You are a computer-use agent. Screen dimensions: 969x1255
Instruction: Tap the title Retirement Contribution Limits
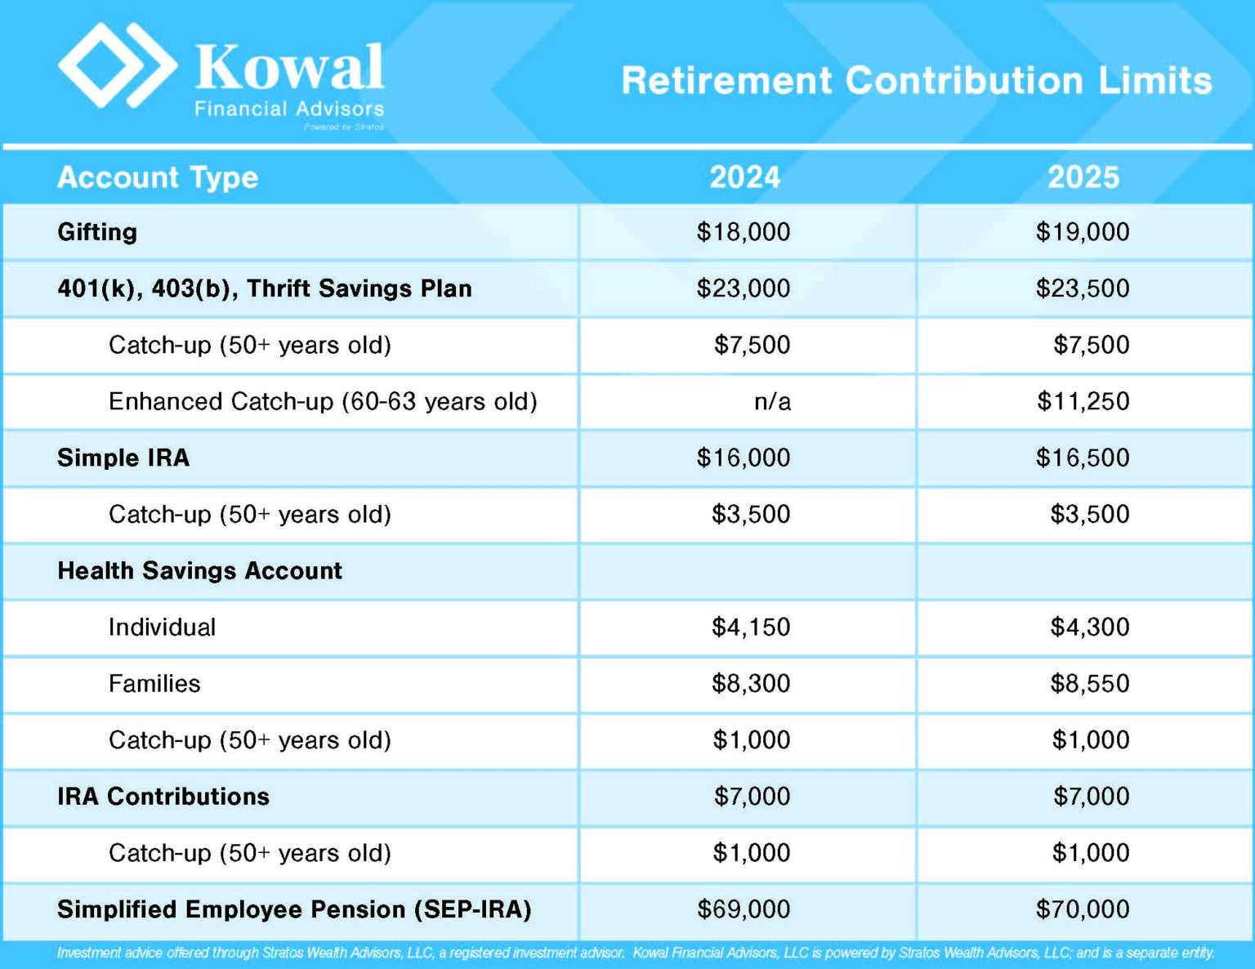(916, 81)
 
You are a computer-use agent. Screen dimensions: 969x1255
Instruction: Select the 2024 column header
(744, 177)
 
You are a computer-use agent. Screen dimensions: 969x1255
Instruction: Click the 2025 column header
(1083, 177)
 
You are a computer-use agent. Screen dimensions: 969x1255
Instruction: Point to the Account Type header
(158, 177)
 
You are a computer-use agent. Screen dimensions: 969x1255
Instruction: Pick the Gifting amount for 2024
(743, 232)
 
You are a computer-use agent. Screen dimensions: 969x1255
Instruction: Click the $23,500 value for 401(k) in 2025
(1082, 288)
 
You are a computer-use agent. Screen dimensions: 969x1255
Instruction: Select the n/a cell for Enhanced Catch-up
(772, 401)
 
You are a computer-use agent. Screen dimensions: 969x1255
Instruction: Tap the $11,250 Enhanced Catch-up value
(1083, 401)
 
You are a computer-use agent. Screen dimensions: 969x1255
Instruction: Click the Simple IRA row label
(123, 458)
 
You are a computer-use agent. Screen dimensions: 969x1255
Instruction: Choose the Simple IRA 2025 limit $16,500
(1082, 458)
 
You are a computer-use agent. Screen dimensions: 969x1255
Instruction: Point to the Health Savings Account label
(199, 570)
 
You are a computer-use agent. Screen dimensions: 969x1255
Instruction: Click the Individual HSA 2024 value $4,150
(750, 627)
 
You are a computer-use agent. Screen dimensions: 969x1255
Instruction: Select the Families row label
(154, 683)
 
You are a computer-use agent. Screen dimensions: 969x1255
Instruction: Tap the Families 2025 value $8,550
(1089, 683)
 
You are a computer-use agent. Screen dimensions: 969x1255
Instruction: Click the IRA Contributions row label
(163, 797)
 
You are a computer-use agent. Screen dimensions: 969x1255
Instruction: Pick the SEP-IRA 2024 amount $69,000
(743, 909)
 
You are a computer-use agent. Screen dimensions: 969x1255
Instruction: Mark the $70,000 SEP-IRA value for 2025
(1082, 909)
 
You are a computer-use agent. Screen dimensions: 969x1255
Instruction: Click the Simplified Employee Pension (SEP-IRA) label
(294, 909)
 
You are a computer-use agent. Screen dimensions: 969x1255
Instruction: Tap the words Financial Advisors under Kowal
(289, 109)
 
